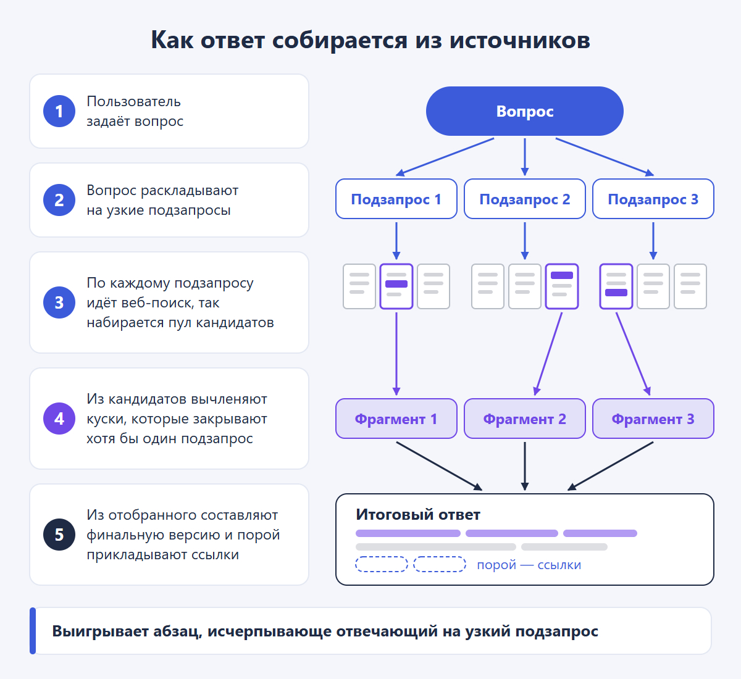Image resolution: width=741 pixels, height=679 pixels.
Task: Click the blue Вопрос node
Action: pyautogui.click(x=524, y=111)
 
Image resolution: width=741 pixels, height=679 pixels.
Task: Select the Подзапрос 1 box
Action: pyautogui.click(x=396, y=199)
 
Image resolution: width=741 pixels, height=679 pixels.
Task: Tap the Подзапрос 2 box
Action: pyautogui.click(x=524, y=199)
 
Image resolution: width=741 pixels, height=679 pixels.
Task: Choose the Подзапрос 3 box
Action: pyautogui.click(x=653, y=199)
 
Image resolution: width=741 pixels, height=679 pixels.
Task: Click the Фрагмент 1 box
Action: pyautogui.click(x=396, y=419)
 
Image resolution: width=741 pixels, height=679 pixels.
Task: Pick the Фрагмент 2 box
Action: pyautogui.click(x=524, y=419)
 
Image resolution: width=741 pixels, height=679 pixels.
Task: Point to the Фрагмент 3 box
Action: pyautogui.click(x=653, y=419)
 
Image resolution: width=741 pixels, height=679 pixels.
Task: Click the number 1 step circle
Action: pyautogui.click(x=59, y=111)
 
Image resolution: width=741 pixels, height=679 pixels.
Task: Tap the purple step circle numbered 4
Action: pyautogui.click(x=59, y=419)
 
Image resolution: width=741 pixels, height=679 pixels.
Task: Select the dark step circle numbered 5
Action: pyautogui.click(x=59, y=535)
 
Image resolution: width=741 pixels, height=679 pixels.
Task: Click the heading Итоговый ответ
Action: pyautogui.click(x=418, y=515)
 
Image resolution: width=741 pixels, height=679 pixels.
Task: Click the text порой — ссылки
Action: pyautogui.click(x=529, y=565)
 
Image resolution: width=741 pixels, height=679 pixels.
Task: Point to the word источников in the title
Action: pyautogui.click(x=520, y=40)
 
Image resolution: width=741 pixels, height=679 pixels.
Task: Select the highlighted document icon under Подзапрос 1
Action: pyautogui.click(x=396, y=286)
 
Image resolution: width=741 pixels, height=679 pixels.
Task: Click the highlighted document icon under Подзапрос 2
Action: pyautogui.click(x=562, y=286)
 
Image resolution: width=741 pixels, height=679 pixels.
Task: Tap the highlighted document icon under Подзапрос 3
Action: pyautogui.click(x=616, y=286)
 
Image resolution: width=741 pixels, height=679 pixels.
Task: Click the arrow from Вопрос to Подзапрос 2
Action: pyautogui.click(x=524, y=157)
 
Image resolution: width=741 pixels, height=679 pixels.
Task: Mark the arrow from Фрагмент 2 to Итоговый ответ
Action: pyautogui.click(x=524, y=466)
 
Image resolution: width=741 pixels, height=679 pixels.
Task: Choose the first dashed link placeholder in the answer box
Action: pyautogui.click(x=382, y=564)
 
